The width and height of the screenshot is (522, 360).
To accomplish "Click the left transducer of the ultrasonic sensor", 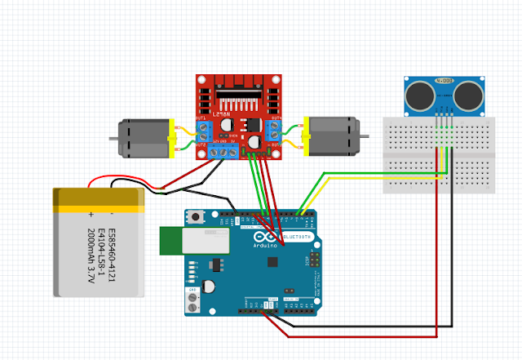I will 421,94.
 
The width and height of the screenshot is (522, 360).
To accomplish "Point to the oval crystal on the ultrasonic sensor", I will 445,81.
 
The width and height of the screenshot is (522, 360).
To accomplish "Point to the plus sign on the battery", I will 92,213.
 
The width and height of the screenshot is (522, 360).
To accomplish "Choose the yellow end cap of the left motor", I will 171,136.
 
